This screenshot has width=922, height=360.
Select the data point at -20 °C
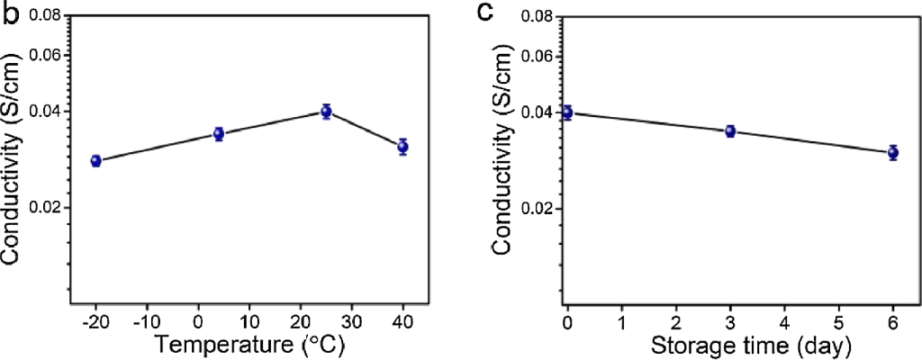[96, 161]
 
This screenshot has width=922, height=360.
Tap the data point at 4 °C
[218, 134]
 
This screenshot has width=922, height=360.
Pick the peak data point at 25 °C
[326, 112]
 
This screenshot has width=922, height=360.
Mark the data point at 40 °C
[402, 147]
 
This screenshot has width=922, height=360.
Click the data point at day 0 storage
[567, 112]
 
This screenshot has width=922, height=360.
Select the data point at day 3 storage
[730, 131]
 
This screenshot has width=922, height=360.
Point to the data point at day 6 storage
[893, 153]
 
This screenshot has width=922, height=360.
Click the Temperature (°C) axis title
[249, 344]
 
